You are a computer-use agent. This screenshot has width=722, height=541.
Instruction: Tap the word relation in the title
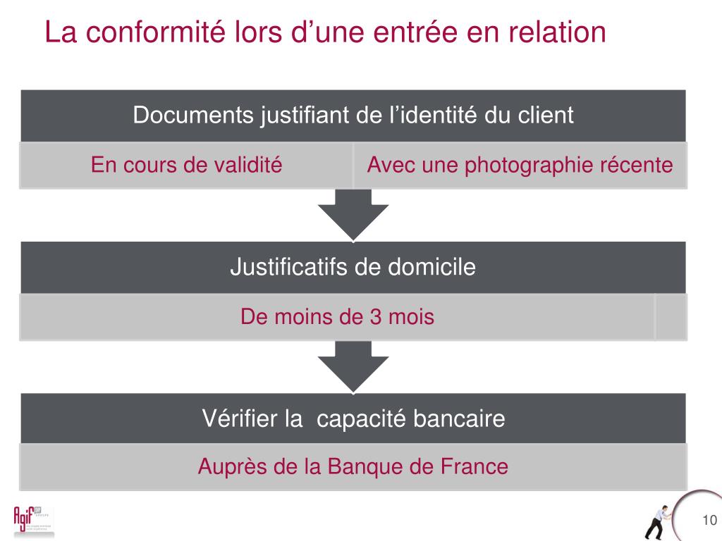click(553, 33)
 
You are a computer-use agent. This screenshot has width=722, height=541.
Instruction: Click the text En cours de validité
click(186, 166)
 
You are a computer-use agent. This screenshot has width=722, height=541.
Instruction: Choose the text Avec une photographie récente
click(520, 166)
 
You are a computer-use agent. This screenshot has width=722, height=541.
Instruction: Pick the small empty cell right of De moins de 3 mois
click(671, 316)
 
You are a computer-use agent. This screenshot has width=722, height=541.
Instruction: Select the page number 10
click(709, 521)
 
